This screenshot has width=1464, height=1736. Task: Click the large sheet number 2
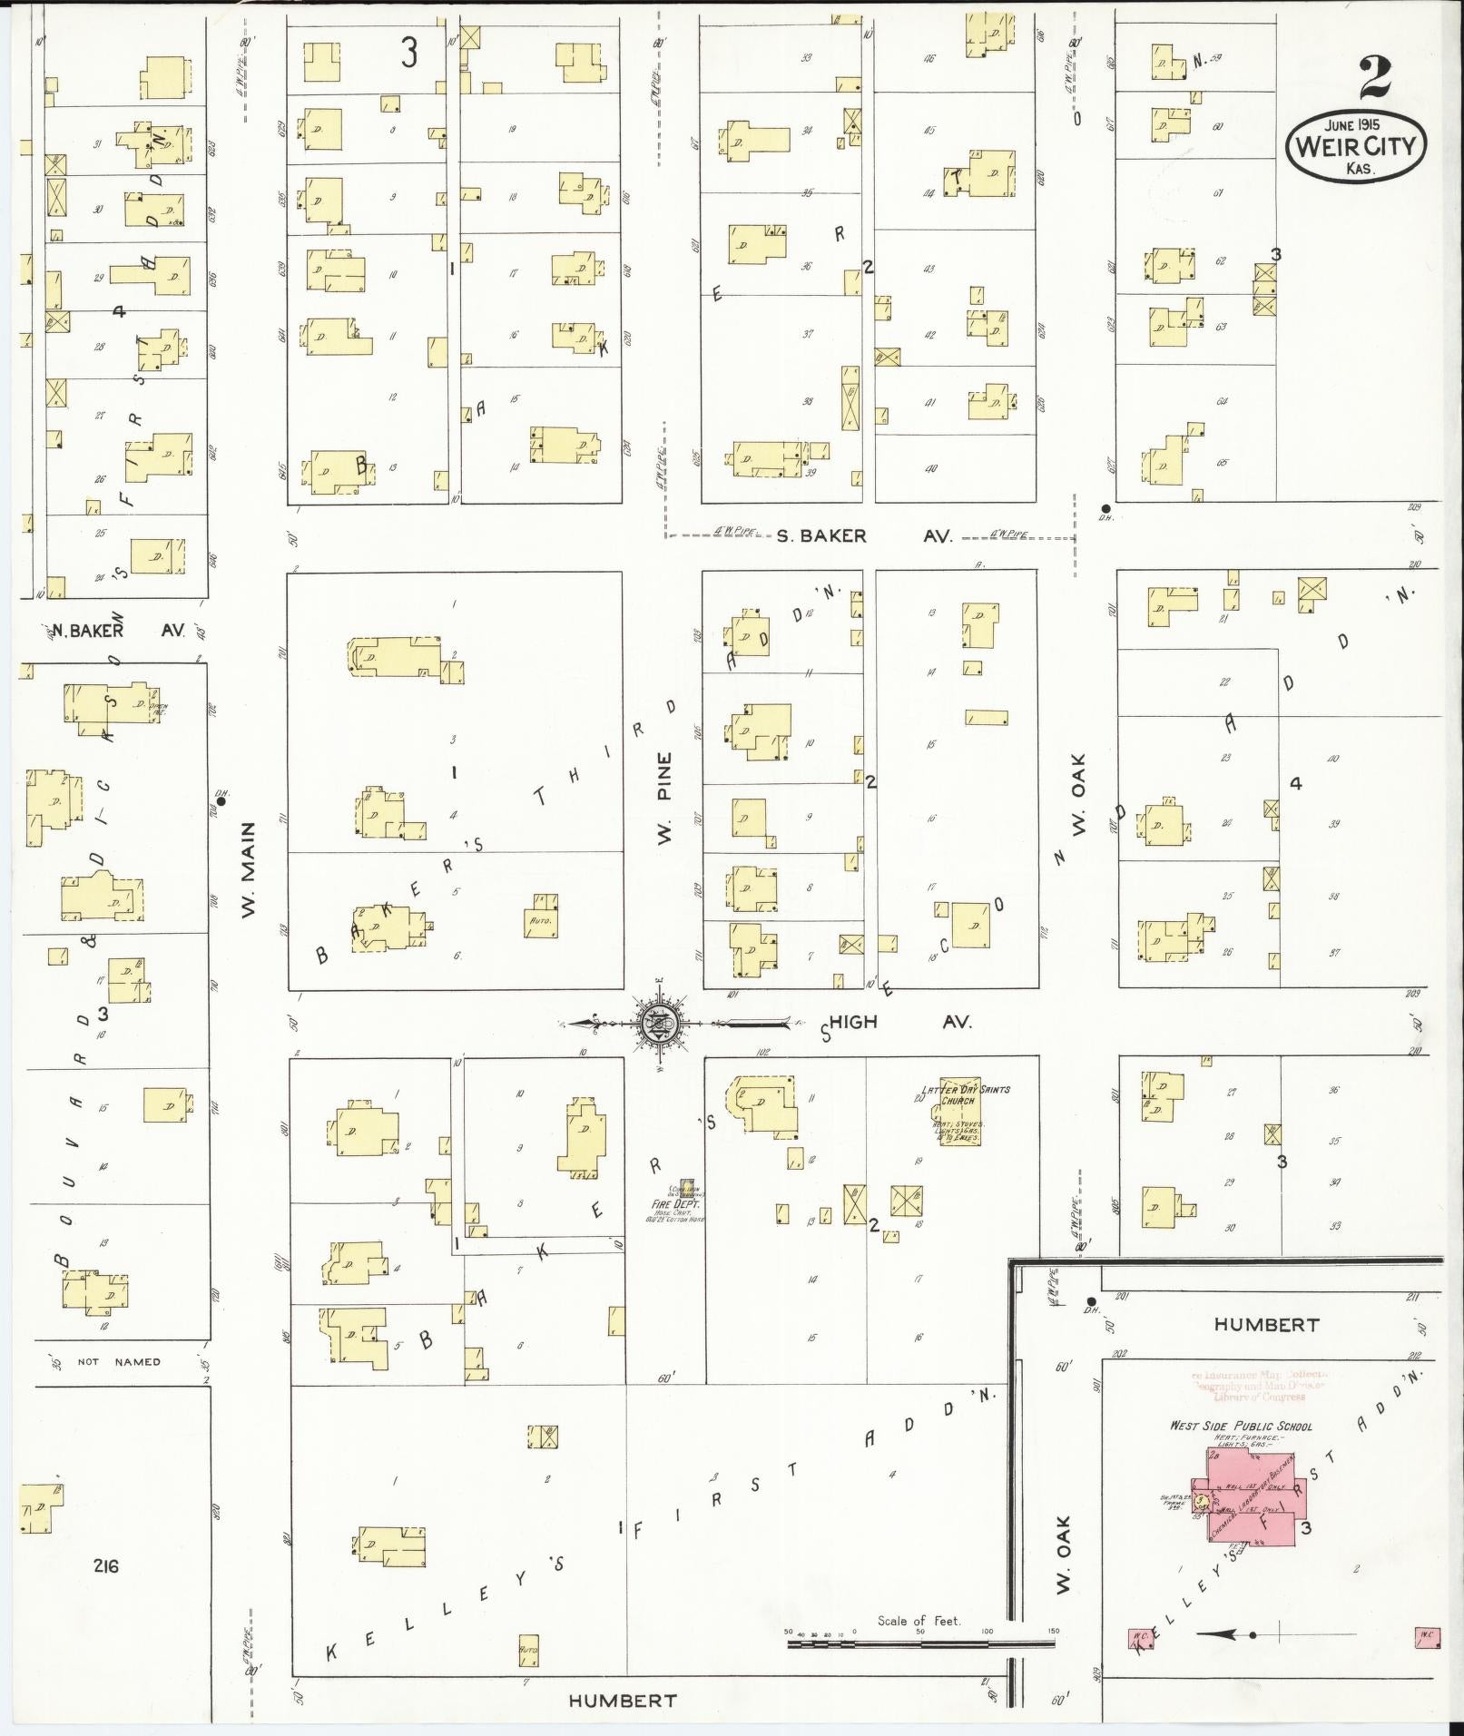click(x=1376, y=79)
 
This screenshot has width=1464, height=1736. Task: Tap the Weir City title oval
click(x=1356, y=145)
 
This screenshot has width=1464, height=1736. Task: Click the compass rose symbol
click(x=658, y=1024)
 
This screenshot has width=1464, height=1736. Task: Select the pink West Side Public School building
click(x=1256, y=1496)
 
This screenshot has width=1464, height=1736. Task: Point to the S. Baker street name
click(x=821, y=536)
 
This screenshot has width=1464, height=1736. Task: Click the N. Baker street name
click(x=87, y=631)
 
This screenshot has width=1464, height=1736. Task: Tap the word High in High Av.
click(x=854, y=1022)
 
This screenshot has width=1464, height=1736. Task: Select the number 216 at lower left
click(x=105, y=1565)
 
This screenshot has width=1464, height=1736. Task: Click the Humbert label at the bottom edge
click(x=622, y=1701)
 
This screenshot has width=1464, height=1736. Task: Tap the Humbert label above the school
click(x=1265, y=1325)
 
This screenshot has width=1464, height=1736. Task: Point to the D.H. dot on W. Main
click(x=221, y=801)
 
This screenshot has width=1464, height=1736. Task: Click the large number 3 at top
click(x=409, y=54)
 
